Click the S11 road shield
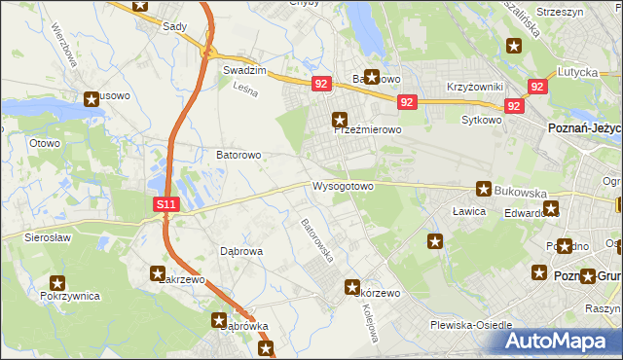(x=166, y=205)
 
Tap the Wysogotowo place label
(x=343, y=186)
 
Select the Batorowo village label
(x=238, y=155)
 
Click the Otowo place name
(x=45, y=143)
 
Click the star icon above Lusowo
(x=92, y=97)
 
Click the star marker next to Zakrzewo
(x=158, y=274)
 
